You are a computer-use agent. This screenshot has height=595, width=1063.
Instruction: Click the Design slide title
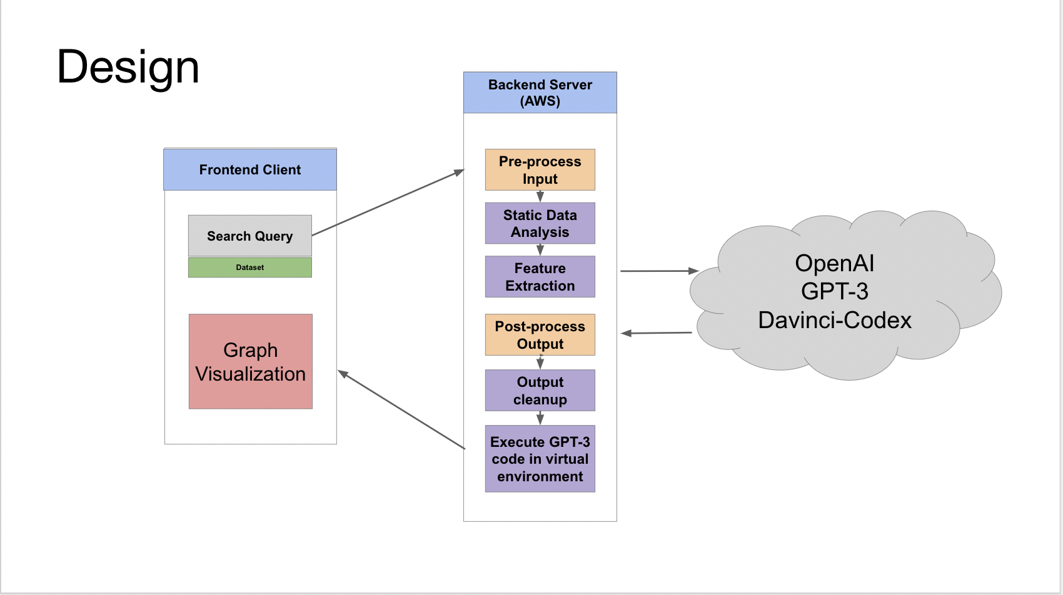[x=128, y=67]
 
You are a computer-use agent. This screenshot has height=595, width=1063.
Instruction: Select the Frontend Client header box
[x=250, y=169]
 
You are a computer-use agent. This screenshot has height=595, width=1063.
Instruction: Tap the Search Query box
[x=250, y=236]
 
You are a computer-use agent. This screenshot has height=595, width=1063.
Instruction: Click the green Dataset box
[x=250, y=267]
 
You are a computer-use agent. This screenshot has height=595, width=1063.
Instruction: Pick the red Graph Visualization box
[x=251, y=361]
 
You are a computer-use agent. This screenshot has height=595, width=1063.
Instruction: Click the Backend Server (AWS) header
[x=540, y=92]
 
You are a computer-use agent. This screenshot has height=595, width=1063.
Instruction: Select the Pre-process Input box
[x=540, y=170]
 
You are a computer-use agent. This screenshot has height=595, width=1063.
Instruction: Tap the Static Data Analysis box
[x=540, y=224]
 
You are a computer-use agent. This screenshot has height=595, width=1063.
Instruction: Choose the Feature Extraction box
[x=540, y=277]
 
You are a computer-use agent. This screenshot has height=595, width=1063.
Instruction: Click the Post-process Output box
[x=540, y=334]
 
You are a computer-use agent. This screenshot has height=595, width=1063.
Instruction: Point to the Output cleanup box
[x=540, y=391]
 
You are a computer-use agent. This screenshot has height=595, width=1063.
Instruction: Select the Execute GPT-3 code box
[x=540, y=459]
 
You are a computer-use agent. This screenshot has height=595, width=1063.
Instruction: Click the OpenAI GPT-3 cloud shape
[x=845, y=295]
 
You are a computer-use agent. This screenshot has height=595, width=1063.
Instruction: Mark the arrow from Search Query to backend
[x=388, y=202]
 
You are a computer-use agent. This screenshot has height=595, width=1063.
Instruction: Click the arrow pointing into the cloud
[x=660, y=271]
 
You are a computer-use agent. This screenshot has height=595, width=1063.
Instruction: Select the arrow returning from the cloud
[x=657, y=333]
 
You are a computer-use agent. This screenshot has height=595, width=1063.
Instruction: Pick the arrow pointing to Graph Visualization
[x=401, y=409]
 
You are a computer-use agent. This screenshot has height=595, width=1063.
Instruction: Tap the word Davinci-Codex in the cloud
[x=835, y=320]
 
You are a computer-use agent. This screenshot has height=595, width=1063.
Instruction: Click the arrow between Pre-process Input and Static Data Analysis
[x=540, y=196]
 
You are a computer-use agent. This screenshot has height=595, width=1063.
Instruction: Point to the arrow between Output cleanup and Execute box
[x=540, y=418]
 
